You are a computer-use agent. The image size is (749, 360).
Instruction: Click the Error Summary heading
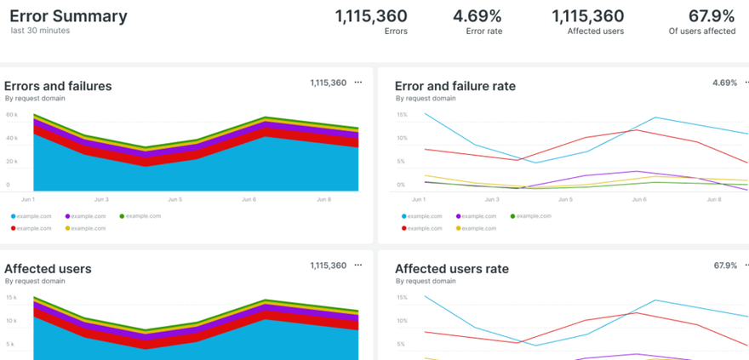pos(68,16)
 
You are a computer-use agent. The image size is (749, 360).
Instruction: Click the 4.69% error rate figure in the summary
pos(477,16)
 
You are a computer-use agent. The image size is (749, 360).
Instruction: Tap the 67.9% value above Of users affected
pos(712,16)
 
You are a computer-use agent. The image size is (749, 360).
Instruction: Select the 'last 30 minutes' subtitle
pos(40,31)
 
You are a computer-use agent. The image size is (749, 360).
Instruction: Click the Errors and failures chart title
pos(58,86)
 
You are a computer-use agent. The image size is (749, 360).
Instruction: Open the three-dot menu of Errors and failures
pos(357,83)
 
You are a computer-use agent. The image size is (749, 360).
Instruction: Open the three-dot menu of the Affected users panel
pos(357,266)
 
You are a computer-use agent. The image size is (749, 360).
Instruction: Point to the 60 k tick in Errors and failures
pos(11,115)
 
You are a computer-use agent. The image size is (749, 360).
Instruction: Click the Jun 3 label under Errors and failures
pos(101,200)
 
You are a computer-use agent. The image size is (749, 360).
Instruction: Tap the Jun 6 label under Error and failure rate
pos(639,200)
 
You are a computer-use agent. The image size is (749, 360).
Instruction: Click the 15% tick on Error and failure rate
pos(402,115)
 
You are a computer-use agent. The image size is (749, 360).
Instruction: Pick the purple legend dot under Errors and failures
pos(68,216)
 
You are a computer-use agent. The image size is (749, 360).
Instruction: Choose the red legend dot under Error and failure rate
pos(404,228)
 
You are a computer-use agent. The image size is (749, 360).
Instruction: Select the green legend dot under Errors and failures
pos(122,216)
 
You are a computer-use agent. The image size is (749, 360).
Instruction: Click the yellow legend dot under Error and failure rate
pos(459,228)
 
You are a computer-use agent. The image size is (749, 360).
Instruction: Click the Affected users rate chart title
pos(451,269)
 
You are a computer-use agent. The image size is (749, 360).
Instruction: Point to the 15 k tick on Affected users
pos(11,298)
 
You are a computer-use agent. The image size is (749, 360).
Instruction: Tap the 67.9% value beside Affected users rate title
pos(725,266)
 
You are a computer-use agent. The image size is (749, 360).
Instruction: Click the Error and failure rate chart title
pos(455,86)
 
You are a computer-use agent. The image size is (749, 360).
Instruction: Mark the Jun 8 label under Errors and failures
pos(324,200)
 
